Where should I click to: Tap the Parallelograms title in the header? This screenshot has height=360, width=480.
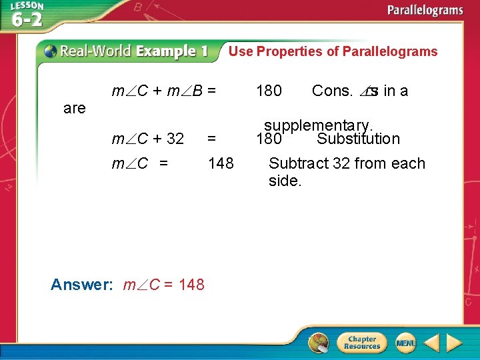click(x=425, y=11)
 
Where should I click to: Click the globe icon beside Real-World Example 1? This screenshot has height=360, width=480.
click(x=49, y=51)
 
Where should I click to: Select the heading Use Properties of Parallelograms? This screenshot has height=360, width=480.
click(x=333, y=51)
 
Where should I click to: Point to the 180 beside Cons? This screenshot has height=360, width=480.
click(x=269, y=91)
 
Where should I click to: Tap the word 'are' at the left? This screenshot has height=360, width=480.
click(x=74, y=108)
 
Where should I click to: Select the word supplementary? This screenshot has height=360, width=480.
click(x=318, y=125)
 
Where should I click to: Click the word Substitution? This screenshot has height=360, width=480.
click(x=358, y=139)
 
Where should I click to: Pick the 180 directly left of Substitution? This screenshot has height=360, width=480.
click(x=269, y=139)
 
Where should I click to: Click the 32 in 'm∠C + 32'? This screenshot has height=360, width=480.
click(x=175, y=139)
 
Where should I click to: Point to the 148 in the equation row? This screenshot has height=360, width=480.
click(x=221, y=163)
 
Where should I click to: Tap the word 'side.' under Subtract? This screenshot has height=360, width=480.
click(x=285, y=181)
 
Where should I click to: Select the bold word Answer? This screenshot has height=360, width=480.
click(x=82, y=285)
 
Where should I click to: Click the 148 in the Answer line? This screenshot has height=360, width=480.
click(x=192, y=285)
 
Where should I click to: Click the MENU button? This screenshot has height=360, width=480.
click(x=405, y=343)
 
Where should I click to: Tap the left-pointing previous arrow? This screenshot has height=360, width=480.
click(x=431, y=343)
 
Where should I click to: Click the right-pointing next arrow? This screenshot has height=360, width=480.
click(x=454, y=343)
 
